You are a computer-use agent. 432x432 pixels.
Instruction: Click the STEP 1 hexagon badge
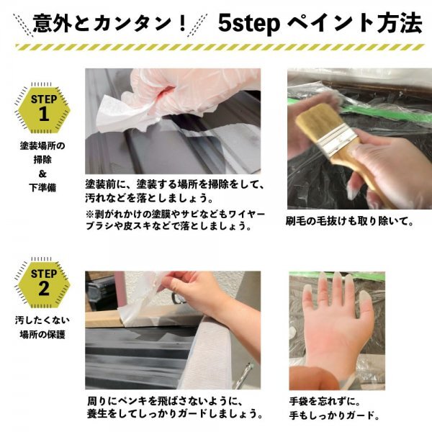click(43, 110)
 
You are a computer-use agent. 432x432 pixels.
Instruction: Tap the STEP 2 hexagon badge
click(43, 284)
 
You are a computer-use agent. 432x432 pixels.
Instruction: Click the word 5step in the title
click(249, 24)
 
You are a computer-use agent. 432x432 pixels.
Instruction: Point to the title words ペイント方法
click(355, 23)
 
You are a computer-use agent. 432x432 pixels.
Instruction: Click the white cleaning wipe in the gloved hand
click(121, 113)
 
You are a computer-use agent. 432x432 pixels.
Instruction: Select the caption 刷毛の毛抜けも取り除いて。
click(349, 221)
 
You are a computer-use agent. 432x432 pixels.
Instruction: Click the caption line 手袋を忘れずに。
click(325, 401)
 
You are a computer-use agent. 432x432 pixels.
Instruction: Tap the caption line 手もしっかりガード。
click(335, 415)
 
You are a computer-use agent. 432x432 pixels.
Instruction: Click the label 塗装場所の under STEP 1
click(42, 145)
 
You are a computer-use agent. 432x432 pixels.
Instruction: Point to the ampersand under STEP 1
click(42, 174)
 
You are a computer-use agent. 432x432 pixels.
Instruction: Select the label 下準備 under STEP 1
click(42, 188)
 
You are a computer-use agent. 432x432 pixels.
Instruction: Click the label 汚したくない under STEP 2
click(42, 320)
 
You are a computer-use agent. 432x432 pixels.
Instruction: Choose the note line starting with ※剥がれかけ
click(175, 214)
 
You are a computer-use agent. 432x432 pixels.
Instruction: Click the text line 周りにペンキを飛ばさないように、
click(165, 401)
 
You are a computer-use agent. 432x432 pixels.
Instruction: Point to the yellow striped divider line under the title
click(220, 47)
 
